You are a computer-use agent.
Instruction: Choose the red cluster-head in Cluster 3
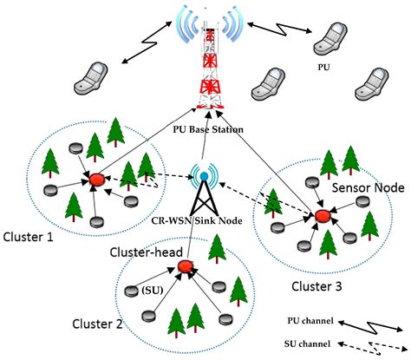click(323, 214)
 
